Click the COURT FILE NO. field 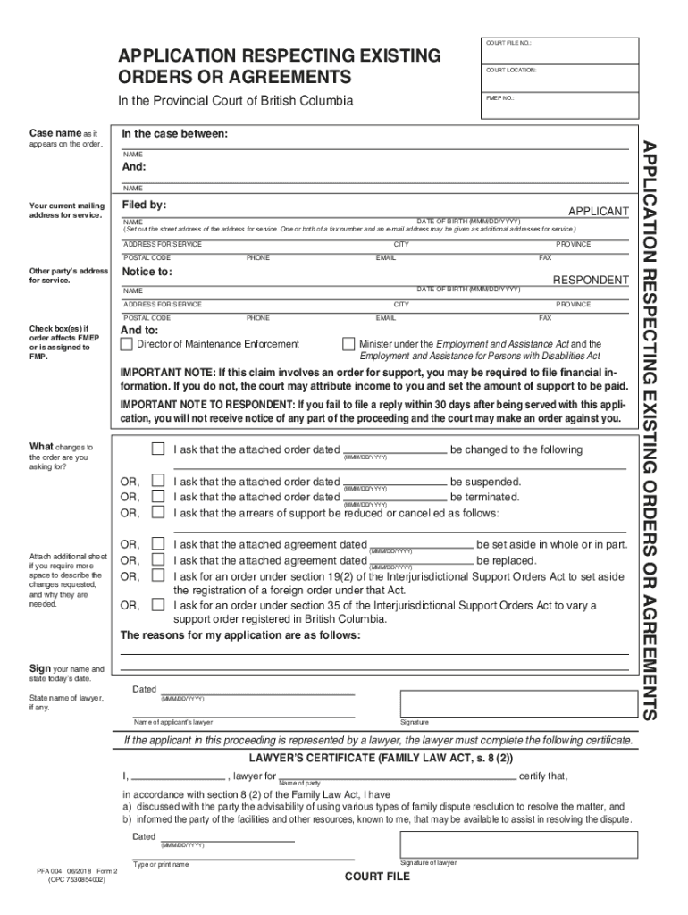point(559,51)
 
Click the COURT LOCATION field point(559,78)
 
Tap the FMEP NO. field point(559,105)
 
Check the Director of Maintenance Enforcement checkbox point(126,344)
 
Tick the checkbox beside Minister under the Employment point(348,344)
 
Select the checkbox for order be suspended point(157,482)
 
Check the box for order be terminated point(157,497)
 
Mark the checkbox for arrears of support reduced point(157,513)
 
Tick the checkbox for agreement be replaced point(157,560)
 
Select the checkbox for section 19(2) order point(157,576)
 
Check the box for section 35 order point(157,606)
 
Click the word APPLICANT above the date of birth point(598,211)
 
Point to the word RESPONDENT point(590,280)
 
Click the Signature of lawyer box point(518,844)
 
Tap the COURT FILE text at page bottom point(377,877)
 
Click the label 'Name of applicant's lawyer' point(173,722)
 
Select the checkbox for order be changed point(157,449)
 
